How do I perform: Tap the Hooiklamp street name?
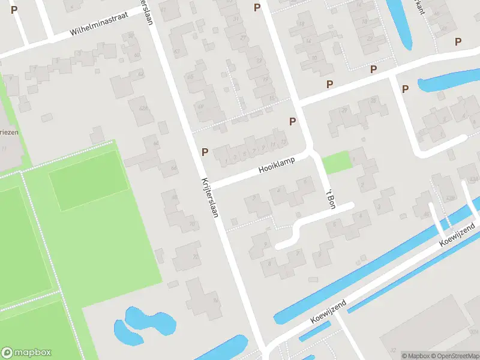[277, 166]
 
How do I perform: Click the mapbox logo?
[26, 352]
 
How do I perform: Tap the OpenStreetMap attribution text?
[455, 356]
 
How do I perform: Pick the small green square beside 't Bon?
[336, 163]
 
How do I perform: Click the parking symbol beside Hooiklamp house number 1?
[205, 152]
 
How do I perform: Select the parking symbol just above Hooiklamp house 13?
[293, 121]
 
